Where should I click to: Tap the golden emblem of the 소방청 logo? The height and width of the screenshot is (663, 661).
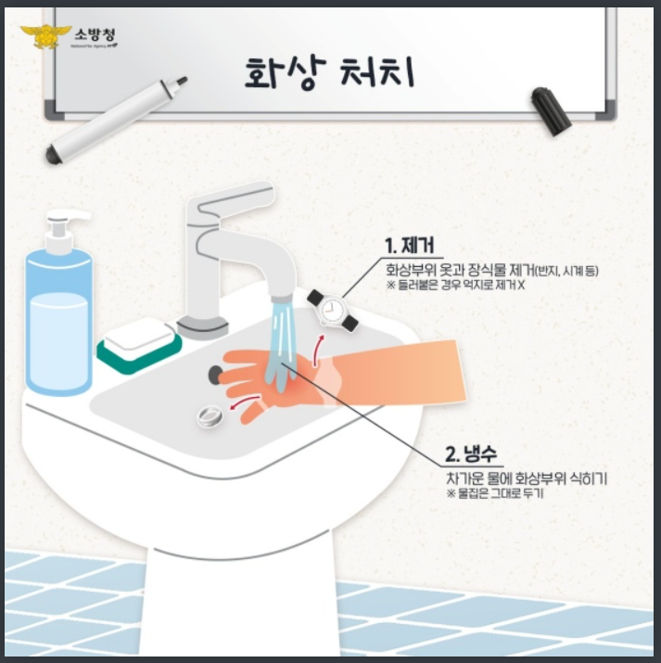(39, 37)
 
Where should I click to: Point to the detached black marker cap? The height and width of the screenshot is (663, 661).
(549, 109)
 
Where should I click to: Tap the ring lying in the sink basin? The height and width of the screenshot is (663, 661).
(210, 416)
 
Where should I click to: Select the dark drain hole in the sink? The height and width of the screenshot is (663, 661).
(216, 373)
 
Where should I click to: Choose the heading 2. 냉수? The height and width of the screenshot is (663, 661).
(471, 455)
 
